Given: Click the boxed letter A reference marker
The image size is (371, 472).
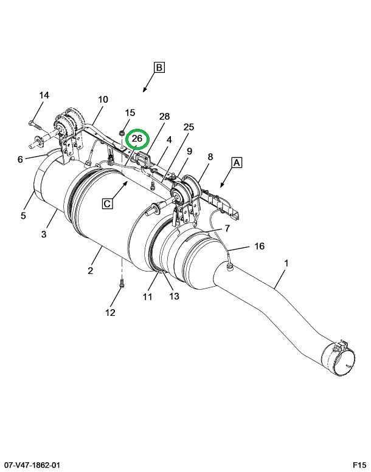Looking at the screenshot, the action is point(237,163).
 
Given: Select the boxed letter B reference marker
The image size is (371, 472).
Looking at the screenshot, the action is point(159,67).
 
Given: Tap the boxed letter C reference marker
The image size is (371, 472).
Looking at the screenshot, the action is point(107,204).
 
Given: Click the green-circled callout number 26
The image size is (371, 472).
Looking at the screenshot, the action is point(137,139).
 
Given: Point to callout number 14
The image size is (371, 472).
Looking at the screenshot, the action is point(44,95).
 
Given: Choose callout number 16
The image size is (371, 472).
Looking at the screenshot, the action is point(259,246).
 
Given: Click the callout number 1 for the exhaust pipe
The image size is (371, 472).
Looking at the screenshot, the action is point(286,263).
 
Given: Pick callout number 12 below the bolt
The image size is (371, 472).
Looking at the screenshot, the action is point(110,313).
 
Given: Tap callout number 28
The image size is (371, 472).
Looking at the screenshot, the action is point(165,116).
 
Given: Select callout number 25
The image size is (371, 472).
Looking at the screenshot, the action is point(189,127).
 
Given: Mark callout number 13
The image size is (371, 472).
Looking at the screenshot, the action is point(174,296).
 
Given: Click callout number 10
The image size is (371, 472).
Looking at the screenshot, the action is point(103,100).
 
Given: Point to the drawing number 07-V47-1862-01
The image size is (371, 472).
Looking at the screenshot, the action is point(30,465).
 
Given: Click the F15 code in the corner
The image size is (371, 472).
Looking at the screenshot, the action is point(359,465).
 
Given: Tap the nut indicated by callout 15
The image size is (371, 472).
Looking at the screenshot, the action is point(122,132).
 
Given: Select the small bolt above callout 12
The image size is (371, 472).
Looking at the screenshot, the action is point(122,283).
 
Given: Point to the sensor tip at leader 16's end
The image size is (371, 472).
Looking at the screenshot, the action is point(231,266).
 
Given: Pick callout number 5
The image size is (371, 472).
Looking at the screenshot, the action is point(24,216).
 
